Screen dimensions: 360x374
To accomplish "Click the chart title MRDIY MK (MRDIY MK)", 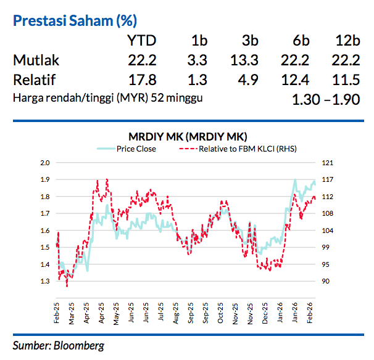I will (x=186, y=136).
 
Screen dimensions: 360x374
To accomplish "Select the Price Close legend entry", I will (x=136, y=149).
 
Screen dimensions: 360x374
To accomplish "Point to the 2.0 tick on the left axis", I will (x=43, y=163).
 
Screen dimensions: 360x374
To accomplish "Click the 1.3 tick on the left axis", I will (x=43, y=282).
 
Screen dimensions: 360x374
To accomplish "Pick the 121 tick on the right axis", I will (x=327, y=163).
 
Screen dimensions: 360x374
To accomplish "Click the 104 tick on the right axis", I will (x=327, y=231).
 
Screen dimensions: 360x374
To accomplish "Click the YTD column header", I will (x=141, y=41).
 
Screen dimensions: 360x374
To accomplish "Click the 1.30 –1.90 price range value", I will (x=326, y=99).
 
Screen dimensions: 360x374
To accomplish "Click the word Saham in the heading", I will (x=91, y=21).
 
